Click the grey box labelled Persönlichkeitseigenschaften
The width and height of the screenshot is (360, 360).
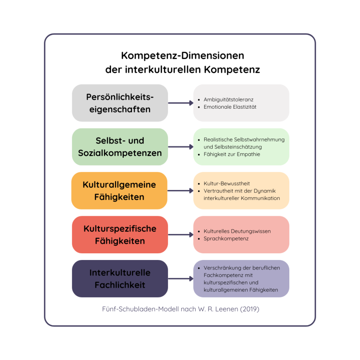(x=120, y=103)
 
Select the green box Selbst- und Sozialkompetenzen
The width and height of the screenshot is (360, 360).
(x=120, y=147)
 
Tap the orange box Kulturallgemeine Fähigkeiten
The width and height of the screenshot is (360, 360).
(x=119, y=190)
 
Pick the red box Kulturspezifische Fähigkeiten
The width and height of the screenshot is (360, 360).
(x=120, y=234)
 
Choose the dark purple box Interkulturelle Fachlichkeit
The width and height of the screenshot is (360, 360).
(x=120, y=279)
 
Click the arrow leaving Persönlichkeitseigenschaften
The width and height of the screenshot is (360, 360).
(x=181, y=103)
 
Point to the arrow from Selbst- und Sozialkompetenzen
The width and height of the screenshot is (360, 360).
(x=181, y=147)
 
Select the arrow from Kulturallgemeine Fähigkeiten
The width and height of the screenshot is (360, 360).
(x=181, y=190)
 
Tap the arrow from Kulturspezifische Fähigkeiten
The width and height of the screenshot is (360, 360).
(x=181, y=234)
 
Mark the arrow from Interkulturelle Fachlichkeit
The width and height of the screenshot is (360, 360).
(x=181, y=279)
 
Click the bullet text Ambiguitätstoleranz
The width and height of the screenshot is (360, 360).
(x=228, y=100)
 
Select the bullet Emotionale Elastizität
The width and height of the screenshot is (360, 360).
(x=230, y=107)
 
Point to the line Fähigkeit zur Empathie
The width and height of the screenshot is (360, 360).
(x=232, y=154)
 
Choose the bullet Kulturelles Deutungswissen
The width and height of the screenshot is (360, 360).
(x=237, y=231)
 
